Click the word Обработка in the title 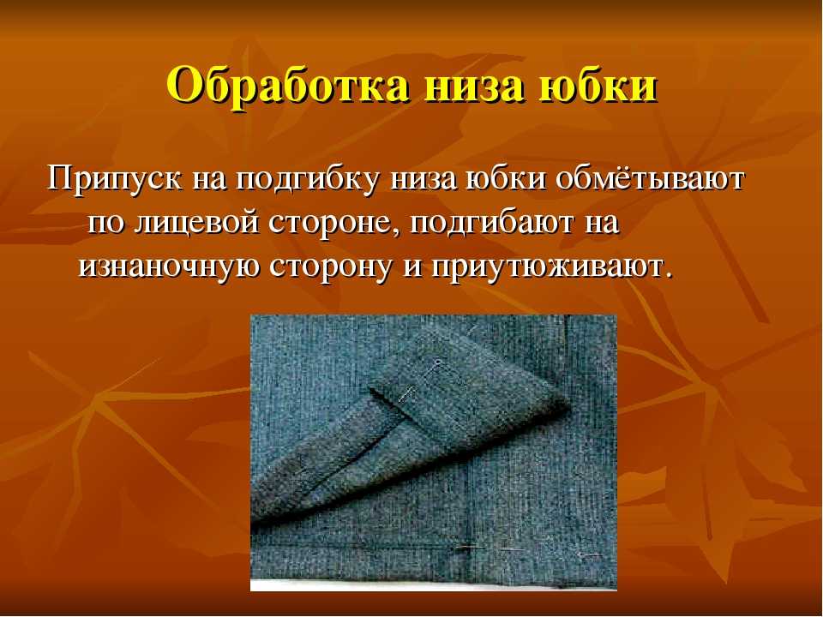(x=288, y=86)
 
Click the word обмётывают (x=649, y=179)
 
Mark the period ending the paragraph (x=667, y=276)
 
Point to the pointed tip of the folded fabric (x=568, y=405)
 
